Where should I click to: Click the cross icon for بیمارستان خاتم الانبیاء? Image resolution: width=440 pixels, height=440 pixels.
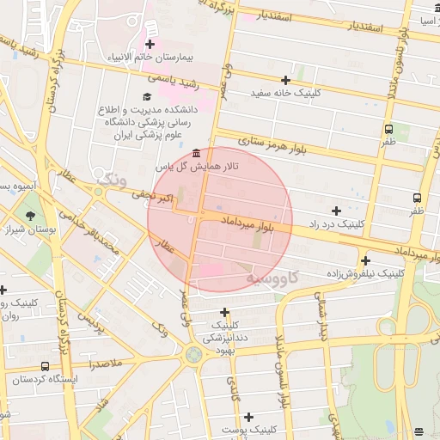click(x=150, y=44)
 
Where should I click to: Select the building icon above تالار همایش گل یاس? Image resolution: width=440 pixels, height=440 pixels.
click(x=198, y=152)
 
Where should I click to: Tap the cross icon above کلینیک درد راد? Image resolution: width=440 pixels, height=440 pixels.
click(x=336, y=211)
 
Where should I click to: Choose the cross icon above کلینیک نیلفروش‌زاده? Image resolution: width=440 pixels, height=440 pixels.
click(x=366, y=260)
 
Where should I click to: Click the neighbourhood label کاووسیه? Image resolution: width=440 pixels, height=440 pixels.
click(x=272, y=278)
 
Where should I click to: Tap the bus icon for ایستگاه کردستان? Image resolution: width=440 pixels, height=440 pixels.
click(x=45, y=366)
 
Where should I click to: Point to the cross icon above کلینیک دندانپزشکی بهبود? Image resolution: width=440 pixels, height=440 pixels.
click(x=225, y=312)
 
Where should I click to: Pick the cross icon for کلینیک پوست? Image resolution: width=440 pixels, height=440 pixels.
click(x=248, y=417)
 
